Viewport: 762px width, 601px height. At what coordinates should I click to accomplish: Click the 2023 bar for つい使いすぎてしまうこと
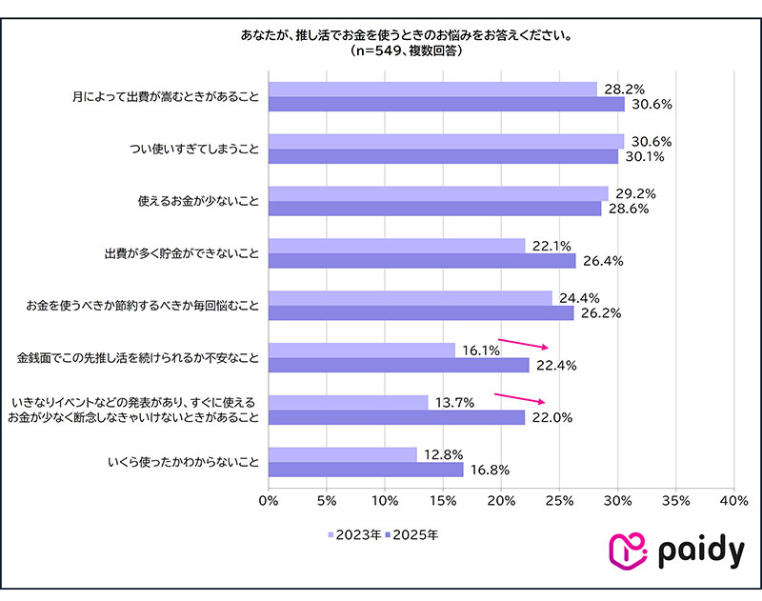pyautogui.click(x=446, y=141)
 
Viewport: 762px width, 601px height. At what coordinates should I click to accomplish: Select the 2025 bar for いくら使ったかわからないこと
pyautogui.click(x=366, y=470)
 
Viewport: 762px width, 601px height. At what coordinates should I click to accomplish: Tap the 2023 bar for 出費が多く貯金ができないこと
pyautogui.click(x=396, y=246)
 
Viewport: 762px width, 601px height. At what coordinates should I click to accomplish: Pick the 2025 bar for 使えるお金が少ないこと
pyautogui.click(x=434, y=209)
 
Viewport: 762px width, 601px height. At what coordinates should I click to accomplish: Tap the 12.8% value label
pyautogui.click(x=443, y=454)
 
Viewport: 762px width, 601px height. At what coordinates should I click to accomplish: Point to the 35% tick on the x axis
pyautogui.click(x=675, y=500)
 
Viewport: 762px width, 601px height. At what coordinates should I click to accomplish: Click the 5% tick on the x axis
pyautogui.click(x=327, y=500)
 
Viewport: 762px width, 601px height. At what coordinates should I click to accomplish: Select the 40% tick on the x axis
pyautogui.click(x=733, y=500)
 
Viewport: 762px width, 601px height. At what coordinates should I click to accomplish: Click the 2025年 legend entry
pyautogui.click(x=411, y=535)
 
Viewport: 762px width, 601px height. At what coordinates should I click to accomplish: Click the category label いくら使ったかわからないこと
pyautogui.click(x=181, y=462)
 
